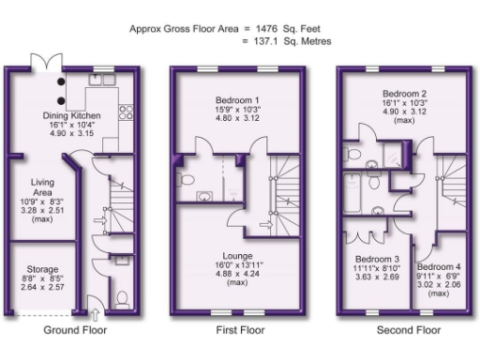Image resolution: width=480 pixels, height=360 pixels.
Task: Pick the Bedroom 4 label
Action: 433,267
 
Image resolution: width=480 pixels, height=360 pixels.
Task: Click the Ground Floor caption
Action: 76,330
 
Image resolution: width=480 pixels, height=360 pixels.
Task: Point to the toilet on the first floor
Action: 185,180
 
